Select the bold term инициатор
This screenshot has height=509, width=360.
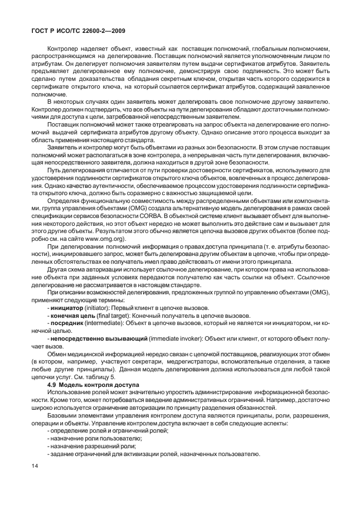[68, 308]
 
